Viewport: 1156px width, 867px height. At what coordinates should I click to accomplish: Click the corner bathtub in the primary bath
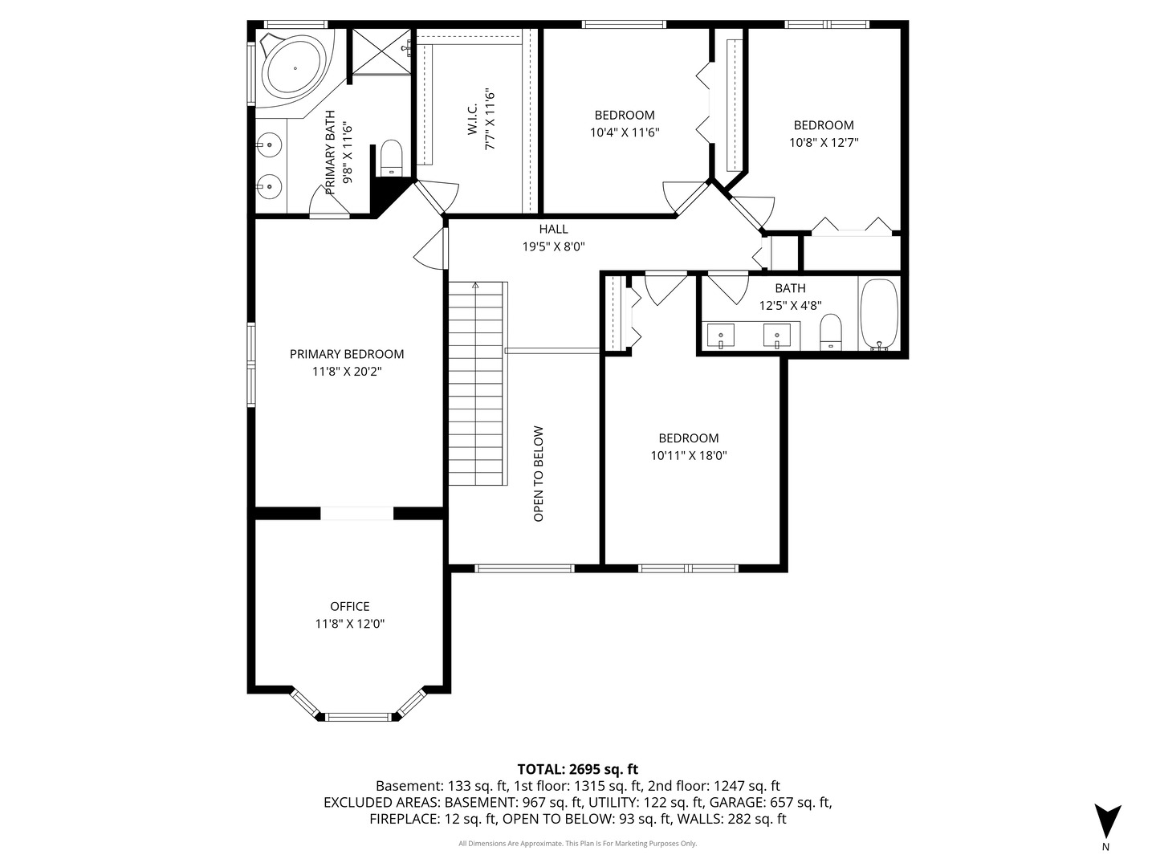point(294,67)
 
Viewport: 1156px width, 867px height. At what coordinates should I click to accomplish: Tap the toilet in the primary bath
point(391,157)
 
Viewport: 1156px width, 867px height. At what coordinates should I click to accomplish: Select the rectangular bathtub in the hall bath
point(880,315)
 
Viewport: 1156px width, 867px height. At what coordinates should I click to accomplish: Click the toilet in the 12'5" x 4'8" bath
point(831,332)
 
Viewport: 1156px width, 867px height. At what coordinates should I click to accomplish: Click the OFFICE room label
point(350,606)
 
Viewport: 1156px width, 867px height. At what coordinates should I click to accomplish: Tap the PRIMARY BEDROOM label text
point(347,354)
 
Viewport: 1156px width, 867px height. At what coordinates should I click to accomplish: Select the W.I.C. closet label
point(473,119)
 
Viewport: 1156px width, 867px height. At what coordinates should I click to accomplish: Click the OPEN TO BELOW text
point(539,474)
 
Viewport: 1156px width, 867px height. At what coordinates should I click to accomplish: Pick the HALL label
point(553,230)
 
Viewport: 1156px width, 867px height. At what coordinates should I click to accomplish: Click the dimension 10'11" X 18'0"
point(689,455)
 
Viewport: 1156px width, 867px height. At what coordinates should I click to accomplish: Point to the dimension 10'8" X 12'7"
point(824,142)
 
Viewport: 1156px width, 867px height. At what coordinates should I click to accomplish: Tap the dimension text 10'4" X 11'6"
point(625,132)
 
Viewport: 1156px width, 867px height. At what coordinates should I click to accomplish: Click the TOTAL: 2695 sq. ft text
point(577,769)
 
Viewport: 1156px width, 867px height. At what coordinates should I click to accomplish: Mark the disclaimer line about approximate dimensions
point(577,844)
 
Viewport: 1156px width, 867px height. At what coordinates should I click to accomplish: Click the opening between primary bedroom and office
point(357,513)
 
